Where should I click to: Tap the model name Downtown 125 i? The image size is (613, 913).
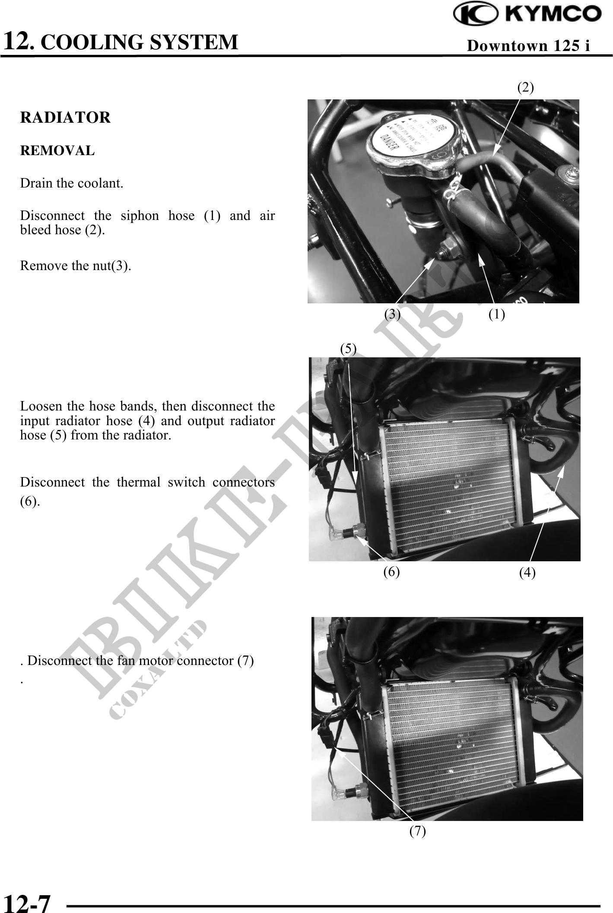click(528, 45)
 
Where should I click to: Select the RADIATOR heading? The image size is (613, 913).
click(65, 118)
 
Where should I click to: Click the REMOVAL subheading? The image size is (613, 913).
click(57, 151)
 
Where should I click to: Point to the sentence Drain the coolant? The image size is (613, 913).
click(72, 183)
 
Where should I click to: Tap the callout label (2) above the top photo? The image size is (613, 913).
click(525, 87)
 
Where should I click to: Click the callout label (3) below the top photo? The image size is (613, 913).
click(392, 314)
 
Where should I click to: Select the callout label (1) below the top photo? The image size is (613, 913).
click(496, 314)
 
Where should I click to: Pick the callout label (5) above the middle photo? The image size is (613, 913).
click(348, 348)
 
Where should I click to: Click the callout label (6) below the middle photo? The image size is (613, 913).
click(391, 572)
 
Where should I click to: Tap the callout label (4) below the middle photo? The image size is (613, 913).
click(527, 573)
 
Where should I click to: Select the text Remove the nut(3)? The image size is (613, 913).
click(76, 266)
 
